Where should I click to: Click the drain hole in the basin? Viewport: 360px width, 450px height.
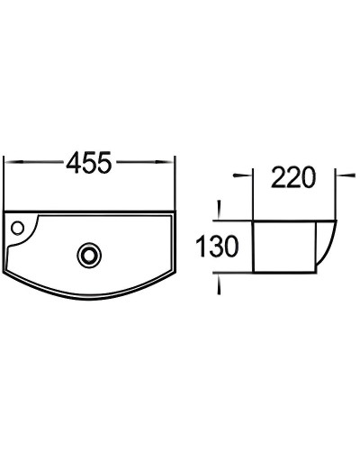[88, 255]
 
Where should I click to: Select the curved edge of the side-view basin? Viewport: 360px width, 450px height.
[328, 247]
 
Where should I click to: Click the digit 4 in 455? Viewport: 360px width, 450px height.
[72, 163]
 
